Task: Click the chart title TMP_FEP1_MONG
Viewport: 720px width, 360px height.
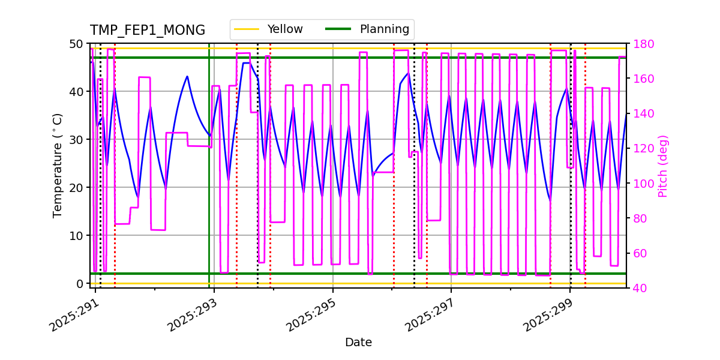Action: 148,31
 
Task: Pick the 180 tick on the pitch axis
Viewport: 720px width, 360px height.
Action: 641,44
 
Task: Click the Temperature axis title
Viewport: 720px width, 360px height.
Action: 58,166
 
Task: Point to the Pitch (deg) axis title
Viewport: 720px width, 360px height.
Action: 663,166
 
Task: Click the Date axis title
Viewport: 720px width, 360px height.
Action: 358,343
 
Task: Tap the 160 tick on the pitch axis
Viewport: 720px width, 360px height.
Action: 641,79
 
